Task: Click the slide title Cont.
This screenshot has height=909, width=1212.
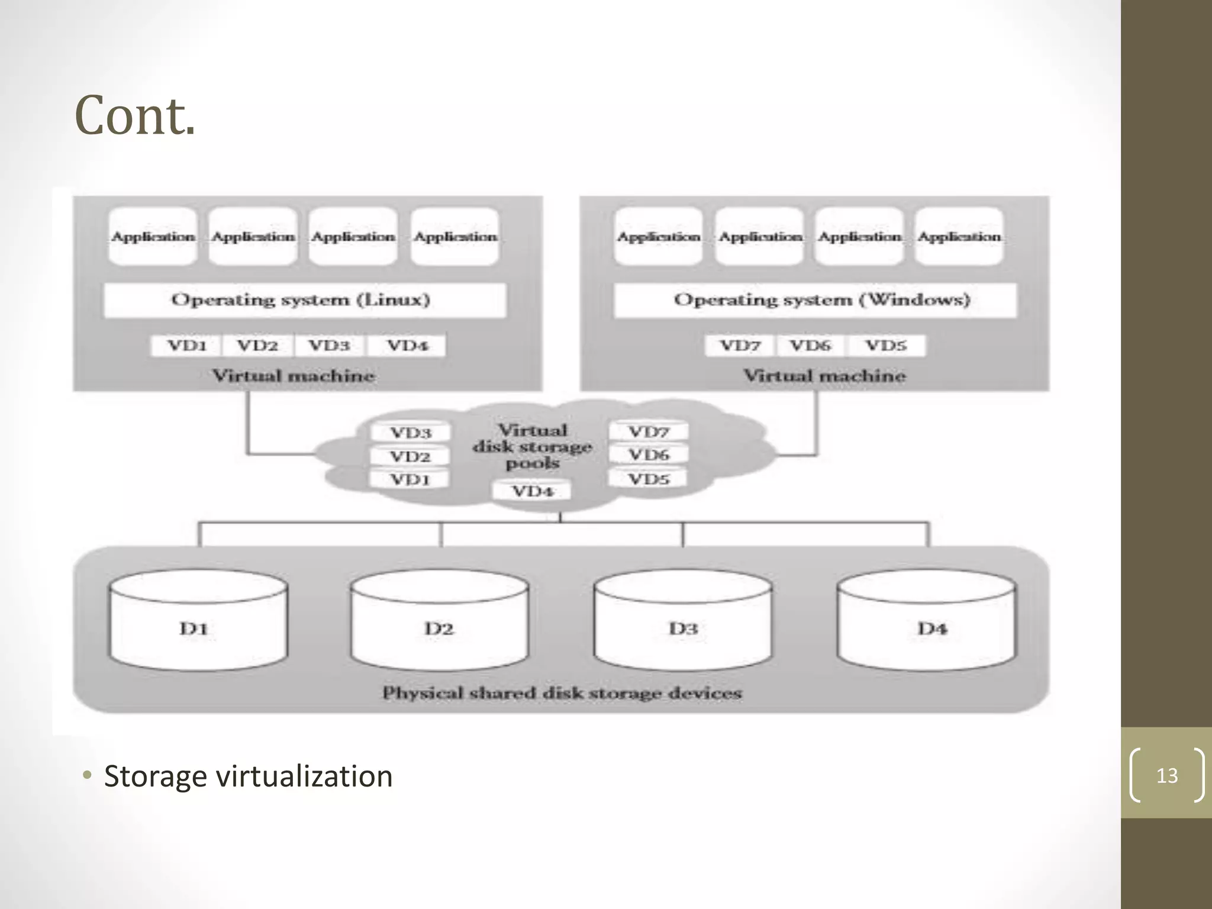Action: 135,116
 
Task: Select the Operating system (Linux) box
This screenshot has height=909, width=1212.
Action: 304,300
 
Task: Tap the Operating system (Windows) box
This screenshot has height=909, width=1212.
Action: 815,300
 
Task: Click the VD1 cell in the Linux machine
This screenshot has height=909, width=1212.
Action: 186,346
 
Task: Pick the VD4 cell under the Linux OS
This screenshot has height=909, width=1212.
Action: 407,346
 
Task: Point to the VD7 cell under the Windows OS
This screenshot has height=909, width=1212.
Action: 740,346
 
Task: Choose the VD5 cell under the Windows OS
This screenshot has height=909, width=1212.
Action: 886,346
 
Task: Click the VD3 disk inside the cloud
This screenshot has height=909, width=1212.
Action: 410,433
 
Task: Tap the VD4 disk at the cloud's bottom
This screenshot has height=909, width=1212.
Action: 532,491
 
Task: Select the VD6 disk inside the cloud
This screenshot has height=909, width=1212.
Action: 649,455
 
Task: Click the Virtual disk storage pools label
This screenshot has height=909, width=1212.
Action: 532,446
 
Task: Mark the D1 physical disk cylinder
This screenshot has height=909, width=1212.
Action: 198,621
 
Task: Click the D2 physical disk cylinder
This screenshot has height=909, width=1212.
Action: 439,621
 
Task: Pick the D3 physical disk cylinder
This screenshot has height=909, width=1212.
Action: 683,621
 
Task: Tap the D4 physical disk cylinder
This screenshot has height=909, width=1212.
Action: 927,621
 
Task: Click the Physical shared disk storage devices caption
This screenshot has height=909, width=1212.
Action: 562,693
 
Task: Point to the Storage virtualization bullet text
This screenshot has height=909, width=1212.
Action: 248,776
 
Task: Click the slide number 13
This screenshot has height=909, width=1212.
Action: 1166,775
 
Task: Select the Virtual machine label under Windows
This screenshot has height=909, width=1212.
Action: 824,376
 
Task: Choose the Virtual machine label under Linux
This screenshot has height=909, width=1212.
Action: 294,376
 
